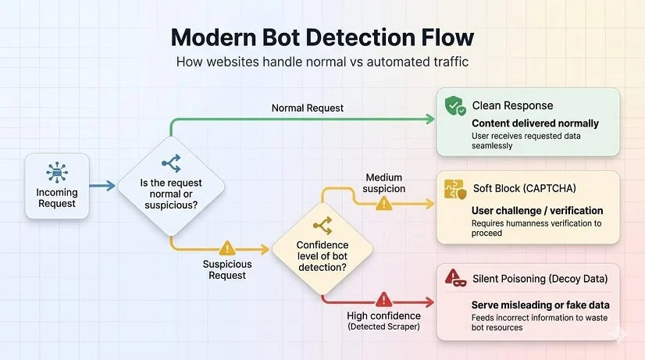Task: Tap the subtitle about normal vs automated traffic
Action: pyautogui.click(x=322, y=62)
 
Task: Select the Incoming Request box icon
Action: pyautogui.click(x=57, y=172)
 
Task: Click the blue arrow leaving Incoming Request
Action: pyautogui.click(x=102, y=186)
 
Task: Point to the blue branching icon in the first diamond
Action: pyautogui.click(x=171, y=163)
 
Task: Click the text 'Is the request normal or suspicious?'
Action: pyautogui.click(x=171, y=194)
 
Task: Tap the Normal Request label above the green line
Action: pyautogui.click(x=308, y=109)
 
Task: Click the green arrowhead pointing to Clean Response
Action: pyautogui.click(x=430, y=119)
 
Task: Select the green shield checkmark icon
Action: pyautogui.click(x=455, y=105)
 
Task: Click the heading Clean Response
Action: pyautogui.click(x=512, y=105)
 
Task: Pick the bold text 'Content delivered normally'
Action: pyautogui.click(x=535, y=123)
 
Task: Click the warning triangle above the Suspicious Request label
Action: pyautogui.click(x=227, y=248)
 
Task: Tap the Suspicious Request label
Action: pyautogui.click(x=227, y=270)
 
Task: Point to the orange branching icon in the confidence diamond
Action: pyautogui.click(x=322, y=226)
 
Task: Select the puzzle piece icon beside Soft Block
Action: pyautogui.click(x=455, y=190)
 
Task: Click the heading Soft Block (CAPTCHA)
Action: pyautogui.click(x=525, y=188)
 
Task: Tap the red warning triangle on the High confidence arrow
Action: pyautogui.click(x=383, y=300)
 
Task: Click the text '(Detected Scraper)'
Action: pyautogui.click(x=383, y=326)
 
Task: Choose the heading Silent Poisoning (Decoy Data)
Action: pyautogui.click(x=540, y=279)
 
